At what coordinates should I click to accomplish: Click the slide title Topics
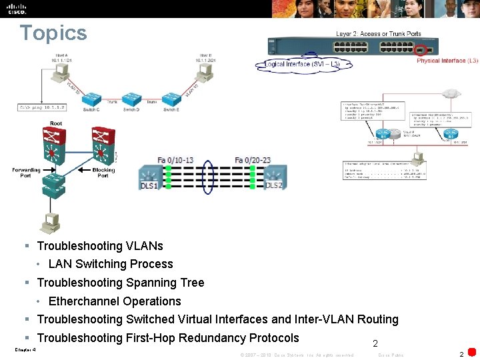point(53,33)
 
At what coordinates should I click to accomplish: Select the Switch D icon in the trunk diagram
point(130,97)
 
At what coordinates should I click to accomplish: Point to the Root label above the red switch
point(57,123)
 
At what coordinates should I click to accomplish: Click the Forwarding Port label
point(26,173)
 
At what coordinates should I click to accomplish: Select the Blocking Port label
point(103,173)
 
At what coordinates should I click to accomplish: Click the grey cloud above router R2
point(453,93)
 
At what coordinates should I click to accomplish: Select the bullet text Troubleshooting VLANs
point(100,246)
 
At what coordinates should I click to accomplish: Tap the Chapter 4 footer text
point(25,349)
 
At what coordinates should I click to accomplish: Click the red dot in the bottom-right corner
point(472,352)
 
